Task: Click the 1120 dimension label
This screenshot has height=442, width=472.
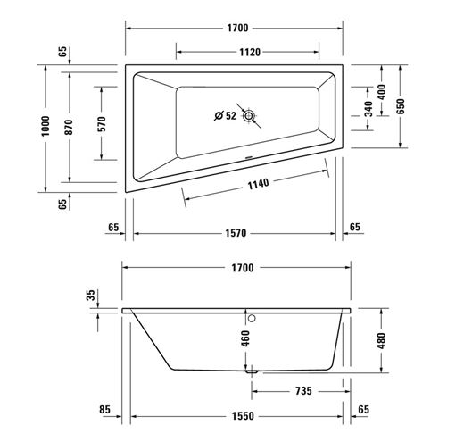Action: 250,52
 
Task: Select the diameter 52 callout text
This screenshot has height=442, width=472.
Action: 225,115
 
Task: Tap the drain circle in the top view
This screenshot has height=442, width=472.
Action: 249,116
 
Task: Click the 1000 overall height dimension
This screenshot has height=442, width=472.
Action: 46,126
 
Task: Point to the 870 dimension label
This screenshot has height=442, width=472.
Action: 69,127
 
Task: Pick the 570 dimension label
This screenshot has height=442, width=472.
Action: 102,124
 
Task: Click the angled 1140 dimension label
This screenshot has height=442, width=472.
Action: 258,184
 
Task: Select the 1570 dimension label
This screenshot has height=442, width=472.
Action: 236,233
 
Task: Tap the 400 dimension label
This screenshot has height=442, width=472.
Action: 381,92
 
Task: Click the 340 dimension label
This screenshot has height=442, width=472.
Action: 368,109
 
